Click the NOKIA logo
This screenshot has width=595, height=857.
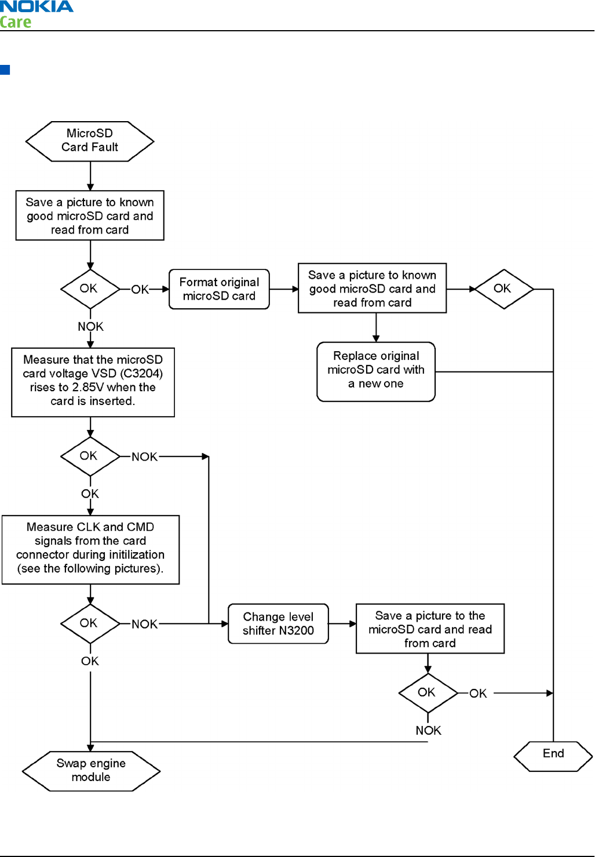coord(36,6)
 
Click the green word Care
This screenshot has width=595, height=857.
coord(16,22)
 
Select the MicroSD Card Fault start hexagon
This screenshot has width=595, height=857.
coord(90,141)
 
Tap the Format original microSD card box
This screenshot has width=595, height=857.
coord(219,289)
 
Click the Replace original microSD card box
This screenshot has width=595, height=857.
coord(376,371)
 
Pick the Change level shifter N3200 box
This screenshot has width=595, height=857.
coord(278,623)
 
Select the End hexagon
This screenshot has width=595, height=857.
coord(553,756)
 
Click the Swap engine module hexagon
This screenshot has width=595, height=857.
coord(91,771)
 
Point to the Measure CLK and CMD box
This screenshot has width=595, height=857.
coord(91,550)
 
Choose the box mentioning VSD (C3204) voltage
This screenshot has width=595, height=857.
coord(93,382)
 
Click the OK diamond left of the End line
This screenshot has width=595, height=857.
coord(504,289)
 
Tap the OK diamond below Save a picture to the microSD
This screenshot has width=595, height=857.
coord(428,693)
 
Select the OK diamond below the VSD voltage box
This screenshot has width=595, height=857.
coord(90,457)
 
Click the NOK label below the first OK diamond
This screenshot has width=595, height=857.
coord(91,327)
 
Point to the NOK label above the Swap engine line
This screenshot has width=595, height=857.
coord(429,730)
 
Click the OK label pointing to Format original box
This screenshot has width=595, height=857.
coord(140,290)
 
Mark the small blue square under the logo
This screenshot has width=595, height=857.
coord(5,70)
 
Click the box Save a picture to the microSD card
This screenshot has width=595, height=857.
coord(430,629)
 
